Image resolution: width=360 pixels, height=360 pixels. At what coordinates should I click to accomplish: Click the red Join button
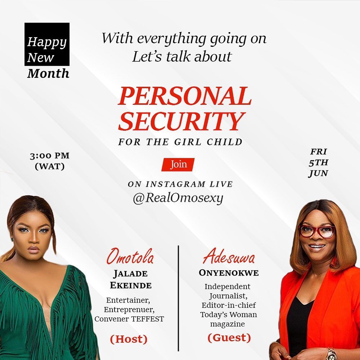pos(178,164)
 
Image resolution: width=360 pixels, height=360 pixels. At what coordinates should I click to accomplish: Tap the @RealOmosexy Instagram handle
pos(178,198)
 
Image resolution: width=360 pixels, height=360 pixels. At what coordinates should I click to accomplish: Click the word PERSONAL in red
pos(185,96)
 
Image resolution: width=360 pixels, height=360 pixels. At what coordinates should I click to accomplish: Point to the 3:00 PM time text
pos(50,156)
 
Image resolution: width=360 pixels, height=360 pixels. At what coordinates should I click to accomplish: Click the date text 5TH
pos(318,163)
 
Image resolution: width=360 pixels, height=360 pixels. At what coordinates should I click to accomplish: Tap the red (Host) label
pos(129,339)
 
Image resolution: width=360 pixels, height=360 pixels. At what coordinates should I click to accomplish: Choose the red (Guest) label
pos(229,338)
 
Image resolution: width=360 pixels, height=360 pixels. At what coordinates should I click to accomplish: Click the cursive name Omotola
pos(130,256)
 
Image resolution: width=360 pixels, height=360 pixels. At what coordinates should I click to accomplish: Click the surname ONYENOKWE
pos(229,273)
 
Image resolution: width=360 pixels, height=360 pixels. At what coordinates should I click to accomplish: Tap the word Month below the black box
pos(48,74)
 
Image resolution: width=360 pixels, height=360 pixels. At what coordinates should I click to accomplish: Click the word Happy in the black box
pos(47,42)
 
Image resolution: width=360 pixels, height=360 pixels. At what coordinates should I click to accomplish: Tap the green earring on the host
pos(12,240)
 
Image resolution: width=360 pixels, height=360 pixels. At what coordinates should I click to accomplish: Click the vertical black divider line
pos(178,298)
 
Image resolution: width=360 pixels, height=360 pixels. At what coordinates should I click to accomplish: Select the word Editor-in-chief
pos(229,305)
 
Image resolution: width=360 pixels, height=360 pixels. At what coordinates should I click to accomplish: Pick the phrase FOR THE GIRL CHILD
pos(180,142)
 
